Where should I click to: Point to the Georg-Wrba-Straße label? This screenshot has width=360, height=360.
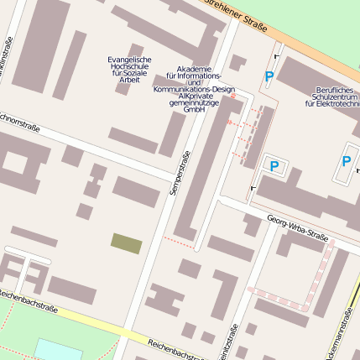297,226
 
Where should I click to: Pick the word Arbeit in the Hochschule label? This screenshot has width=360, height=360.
128,81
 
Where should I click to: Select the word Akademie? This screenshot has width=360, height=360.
195,69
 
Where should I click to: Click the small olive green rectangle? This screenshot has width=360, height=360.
126,243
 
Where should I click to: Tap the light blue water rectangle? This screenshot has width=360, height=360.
59,349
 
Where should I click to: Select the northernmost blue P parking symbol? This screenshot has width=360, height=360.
269,77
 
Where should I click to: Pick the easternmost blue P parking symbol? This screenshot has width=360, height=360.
346,160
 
